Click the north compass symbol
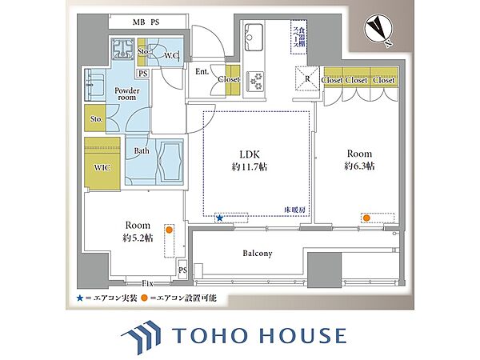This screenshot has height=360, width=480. pyautogui.click(x=378, y=30)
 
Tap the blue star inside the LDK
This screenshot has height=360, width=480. pyautogui.click(x=219, y=218)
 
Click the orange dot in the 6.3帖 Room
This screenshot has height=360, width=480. pyautogui.click(x=366, y=218)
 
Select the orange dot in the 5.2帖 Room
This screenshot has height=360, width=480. pyautogui.click(x=169, y=230)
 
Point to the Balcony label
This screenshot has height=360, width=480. pyautogui.click(x=258, y=254)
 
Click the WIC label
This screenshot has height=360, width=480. pyautogui.click(x=102, y=168)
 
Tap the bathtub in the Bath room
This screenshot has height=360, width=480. pyautogui.click(x=169, y=162)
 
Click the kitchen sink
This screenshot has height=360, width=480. pyautogui.click(x=254, y=37)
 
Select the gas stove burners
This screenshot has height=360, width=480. pyautogui.click(x=256, y=81)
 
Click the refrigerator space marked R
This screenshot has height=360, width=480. pyautogui.click(x=307, y=78)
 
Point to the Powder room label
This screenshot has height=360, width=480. pyautogui.click(x=127, y=94)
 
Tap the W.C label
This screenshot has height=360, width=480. pyautogui.click(x=171, y=56)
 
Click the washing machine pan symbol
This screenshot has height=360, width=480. pyautogui.click(x=122, y=49)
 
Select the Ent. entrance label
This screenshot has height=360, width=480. pyautogui.click(x=202, y=72)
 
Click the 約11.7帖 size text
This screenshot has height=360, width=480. pyautogui.click(x=249, y=167)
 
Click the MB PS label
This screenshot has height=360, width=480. pyautogui.click(x=146, y=22)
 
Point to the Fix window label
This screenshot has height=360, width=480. pyautogui.click(x=147, y=283)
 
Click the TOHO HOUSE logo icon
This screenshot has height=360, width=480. pyautogui.click(x=141, y=336)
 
